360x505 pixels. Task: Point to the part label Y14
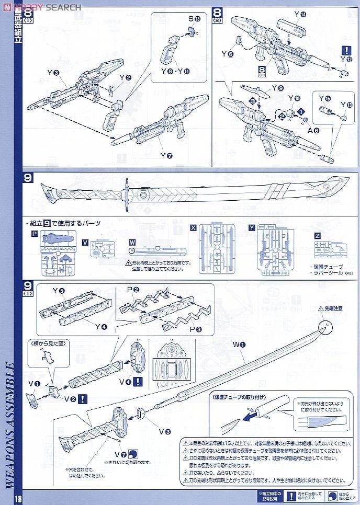point(300,15)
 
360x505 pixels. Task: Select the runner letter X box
point(194,228)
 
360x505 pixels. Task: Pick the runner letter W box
point(132,242)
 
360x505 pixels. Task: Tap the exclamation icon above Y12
point(346,51)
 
